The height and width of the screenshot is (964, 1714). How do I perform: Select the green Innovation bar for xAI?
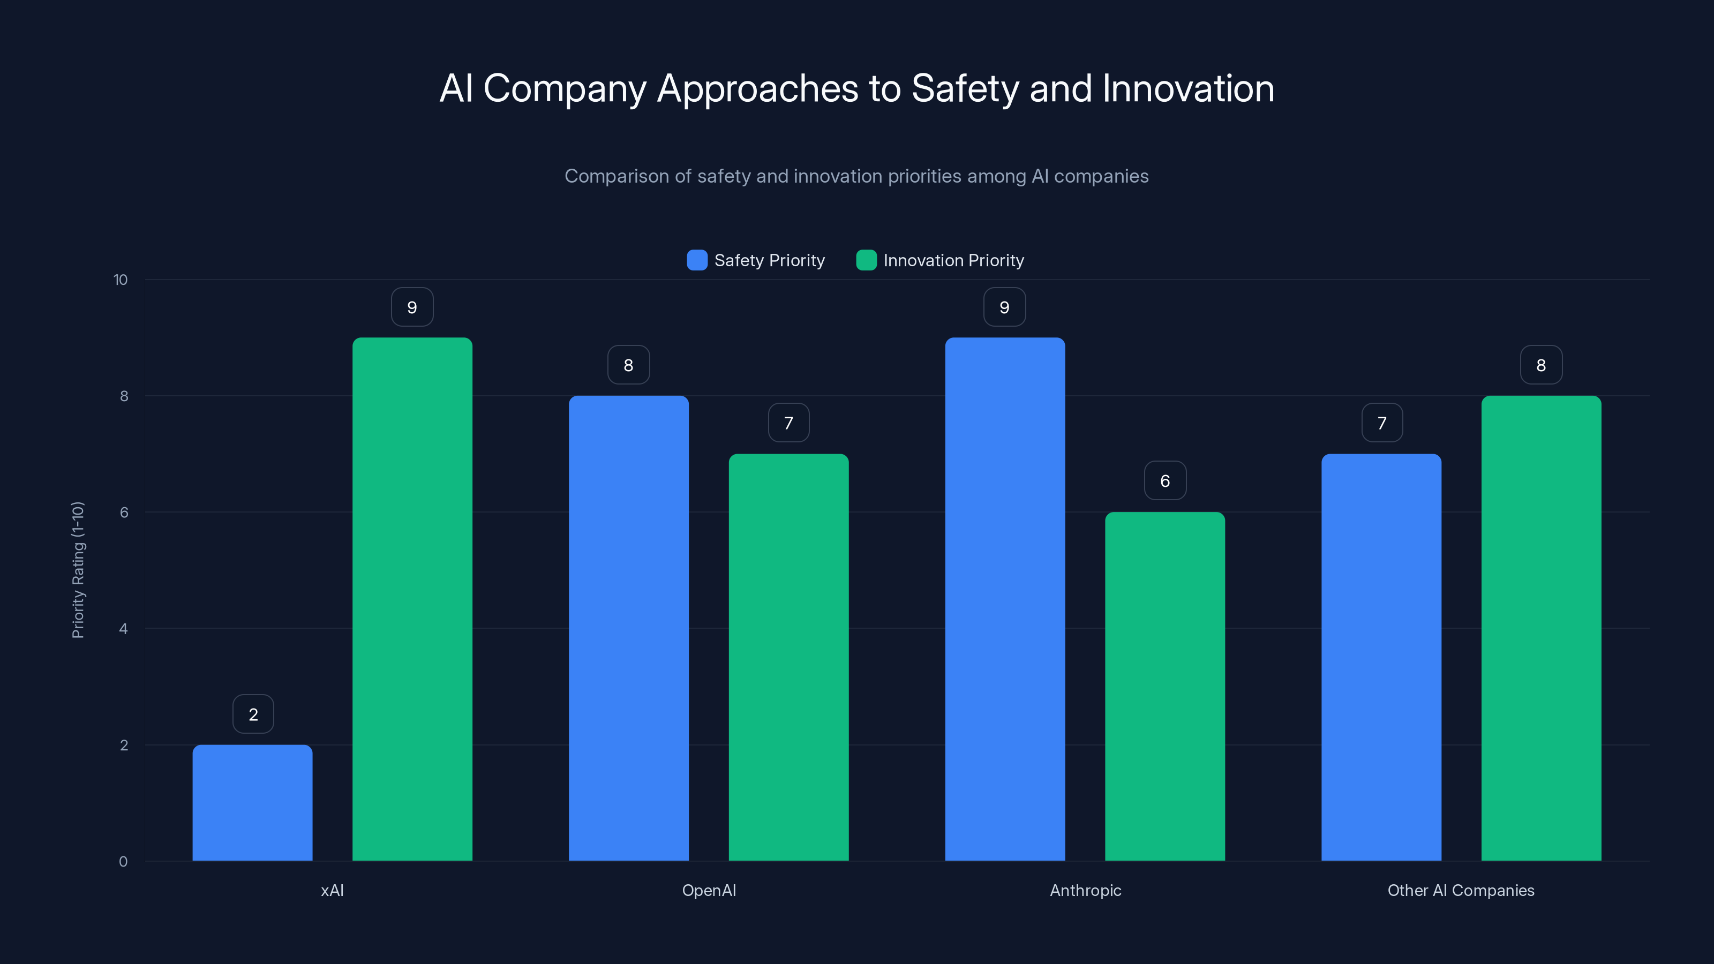tap(412, 599)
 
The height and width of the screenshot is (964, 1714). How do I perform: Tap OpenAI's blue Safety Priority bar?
tap(628, 628)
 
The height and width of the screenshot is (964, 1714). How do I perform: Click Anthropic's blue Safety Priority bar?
tap(1005, 599)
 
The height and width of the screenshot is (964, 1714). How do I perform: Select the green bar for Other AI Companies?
tap(1541, 628)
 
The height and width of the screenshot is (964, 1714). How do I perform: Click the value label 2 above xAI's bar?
tap(253, 714)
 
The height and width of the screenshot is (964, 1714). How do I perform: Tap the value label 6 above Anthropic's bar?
tap(1164, 480)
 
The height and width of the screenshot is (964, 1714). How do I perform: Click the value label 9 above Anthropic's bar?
tap(1004, 307)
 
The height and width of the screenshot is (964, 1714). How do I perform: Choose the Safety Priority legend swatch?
tap(697, 260)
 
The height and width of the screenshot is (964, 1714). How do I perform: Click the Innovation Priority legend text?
tap(953, 260)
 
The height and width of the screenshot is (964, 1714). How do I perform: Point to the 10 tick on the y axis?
tap(121, 280)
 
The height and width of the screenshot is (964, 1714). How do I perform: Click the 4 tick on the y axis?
tap(123, 629)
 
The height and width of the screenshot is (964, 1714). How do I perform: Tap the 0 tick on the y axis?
tap(123, 862)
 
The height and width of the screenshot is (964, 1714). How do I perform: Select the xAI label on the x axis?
tap(332, 890)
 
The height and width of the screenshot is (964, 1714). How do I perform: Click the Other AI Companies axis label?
tap(1461, 890)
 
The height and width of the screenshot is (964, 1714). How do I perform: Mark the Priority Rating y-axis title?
tap(78, 570)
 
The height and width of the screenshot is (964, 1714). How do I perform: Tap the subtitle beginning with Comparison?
tap(856, 176)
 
